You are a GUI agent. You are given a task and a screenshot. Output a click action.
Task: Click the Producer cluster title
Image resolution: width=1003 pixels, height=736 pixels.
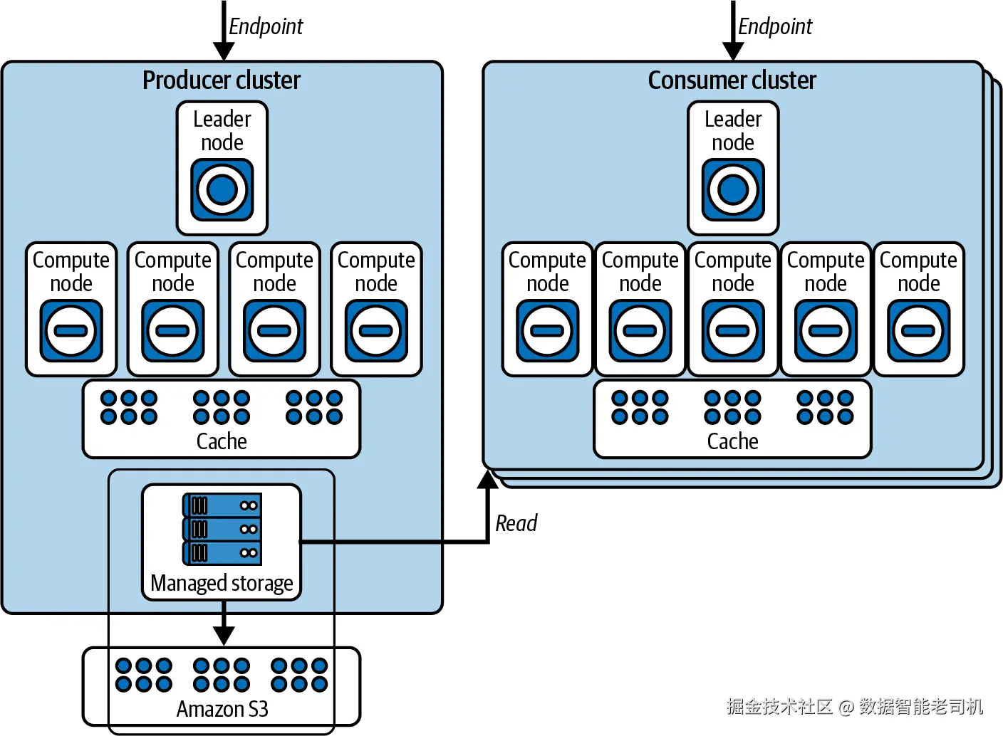(x=222, y=80)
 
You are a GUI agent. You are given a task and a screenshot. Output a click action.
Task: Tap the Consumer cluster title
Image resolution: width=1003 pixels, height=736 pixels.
(x=732, y=80)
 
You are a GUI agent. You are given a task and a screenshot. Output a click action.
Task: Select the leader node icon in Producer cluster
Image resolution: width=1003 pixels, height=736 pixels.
(x=222, y=189)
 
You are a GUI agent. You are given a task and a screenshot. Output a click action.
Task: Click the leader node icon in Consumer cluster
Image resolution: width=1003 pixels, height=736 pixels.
(x=733, y=189)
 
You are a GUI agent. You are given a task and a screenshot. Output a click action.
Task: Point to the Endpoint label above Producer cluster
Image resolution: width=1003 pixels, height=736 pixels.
(x=266, y=26)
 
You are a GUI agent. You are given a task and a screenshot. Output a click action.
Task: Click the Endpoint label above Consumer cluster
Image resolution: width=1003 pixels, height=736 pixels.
(x=775, y=26)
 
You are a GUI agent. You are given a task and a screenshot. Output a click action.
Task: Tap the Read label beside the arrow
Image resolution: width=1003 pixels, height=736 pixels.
(x=516, y=523)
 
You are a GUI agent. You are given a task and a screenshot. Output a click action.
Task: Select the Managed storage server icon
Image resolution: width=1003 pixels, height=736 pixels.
(x=222, y=529)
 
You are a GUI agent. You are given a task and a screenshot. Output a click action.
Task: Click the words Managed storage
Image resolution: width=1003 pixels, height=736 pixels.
(x=222, y=583)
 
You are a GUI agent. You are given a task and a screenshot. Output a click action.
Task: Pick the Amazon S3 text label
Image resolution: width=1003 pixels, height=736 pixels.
(x=222, y=709)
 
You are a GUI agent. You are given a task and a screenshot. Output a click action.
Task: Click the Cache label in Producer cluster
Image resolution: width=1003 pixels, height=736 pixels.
(x=222, y=441)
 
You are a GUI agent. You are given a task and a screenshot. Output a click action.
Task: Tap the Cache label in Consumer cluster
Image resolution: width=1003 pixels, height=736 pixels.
(x=732, y=441)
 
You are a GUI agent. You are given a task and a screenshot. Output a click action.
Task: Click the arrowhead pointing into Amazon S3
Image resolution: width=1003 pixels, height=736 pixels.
(x=224, y=635)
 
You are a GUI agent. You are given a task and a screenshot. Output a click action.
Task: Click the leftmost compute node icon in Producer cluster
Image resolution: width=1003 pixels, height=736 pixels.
(x=71, y=330)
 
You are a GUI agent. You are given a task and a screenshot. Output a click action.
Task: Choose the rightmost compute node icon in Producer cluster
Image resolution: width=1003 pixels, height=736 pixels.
(x=376, y=330)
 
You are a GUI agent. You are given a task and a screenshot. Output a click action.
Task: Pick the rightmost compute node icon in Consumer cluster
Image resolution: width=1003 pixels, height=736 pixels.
(x=919, y=330)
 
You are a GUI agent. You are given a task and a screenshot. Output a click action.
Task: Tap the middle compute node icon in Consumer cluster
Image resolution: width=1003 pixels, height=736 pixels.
(x=733, y=330)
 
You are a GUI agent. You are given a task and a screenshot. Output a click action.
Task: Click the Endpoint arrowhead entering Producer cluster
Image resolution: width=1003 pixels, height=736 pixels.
(x=224, y=51)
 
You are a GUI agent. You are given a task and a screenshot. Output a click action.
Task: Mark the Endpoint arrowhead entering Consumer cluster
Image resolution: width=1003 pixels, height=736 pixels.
(x=733, y=51)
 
